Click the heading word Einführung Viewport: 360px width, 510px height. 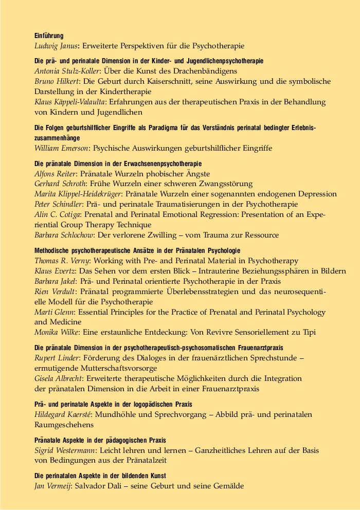(49, 36)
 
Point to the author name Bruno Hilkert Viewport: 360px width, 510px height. (55, 81)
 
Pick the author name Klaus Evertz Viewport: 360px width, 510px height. (53, 271)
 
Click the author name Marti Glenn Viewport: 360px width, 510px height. (53, 312)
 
